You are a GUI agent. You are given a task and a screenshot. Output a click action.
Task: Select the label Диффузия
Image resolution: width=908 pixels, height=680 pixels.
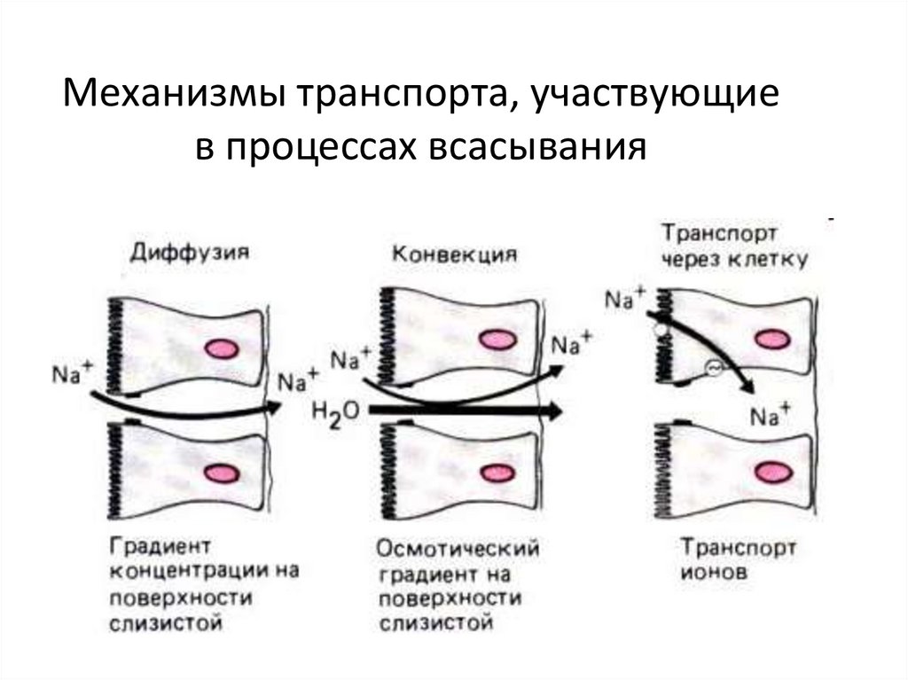click(x=189, y=253)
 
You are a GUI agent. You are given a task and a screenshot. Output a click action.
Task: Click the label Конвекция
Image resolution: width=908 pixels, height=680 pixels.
click(x=454, y=253)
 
